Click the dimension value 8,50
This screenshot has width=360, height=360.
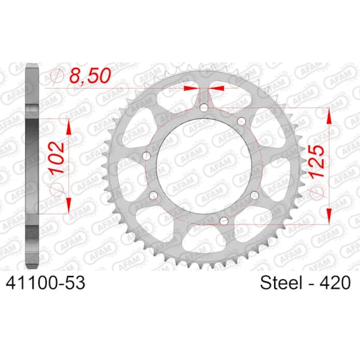90,76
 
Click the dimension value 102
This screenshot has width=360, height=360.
56,157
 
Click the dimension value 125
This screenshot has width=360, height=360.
317,161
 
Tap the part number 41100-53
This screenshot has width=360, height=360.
46,283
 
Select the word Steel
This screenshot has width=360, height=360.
281,283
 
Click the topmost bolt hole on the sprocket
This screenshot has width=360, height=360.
203,107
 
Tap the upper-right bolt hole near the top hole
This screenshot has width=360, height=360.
242,121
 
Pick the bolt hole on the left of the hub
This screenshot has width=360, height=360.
146,156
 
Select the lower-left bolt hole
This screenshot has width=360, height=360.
154,196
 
